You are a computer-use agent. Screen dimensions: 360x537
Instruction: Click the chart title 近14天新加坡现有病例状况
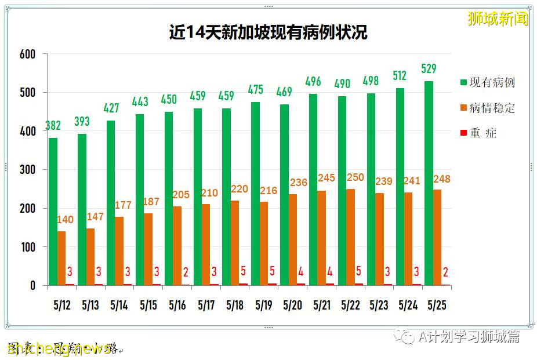268,32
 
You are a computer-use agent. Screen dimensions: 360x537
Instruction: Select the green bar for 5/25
429,183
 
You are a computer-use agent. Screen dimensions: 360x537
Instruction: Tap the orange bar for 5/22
350,237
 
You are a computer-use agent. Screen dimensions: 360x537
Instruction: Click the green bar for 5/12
53,212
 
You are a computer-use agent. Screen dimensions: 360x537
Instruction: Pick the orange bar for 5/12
61,259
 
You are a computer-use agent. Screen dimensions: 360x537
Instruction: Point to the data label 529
429,68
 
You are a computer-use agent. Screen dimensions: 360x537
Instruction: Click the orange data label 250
355,177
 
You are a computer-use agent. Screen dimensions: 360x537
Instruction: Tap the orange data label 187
152,202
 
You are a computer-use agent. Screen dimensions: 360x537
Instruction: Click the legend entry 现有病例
491,82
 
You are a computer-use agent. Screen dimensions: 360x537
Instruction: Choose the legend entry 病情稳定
491,108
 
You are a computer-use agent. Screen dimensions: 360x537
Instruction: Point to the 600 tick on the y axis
27,54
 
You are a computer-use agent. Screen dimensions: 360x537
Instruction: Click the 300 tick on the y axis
27,170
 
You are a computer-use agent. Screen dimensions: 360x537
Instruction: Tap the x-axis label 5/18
235,305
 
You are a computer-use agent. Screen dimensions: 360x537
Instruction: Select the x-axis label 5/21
322,305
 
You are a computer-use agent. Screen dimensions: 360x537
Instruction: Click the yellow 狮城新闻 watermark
498,19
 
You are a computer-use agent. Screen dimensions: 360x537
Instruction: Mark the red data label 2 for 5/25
445,272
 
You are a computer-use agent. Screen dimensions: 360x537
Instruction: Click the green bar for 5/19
255,194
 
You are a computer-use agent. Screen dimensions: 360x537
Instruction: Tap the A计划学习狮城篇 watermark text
469,337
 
